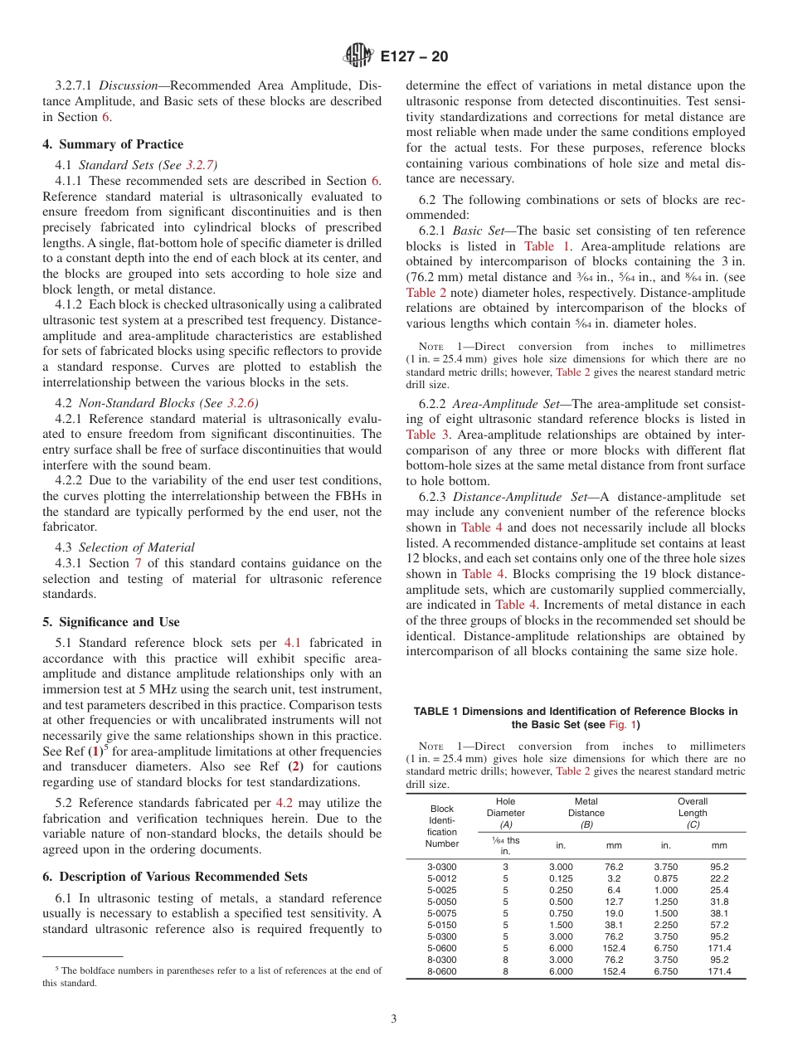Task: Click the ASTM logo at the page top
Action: (x=358, y=56)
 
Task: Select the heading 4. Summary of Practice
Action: (x=113, y=144)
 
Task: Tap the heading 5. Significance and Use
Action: (x=110, y=622)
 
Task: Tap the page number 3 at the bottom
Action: (x=393, y=1019)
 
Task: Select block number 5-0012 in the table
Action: (x=441, y=878)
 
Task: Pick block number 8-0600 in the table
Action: (x=441, y=971)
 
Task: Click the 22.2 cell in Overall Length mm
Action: (x=718, y=878)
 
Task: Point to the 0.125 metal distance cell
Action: (x=562, y=878)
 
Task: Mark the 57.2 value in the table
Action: (x=718, y=925)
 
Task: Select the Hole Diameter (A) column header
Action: (x=505, y=813)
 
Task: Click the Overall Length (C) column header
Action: (x=692, y=813)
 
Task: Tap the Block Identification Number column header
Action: (x=441, y=825)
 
